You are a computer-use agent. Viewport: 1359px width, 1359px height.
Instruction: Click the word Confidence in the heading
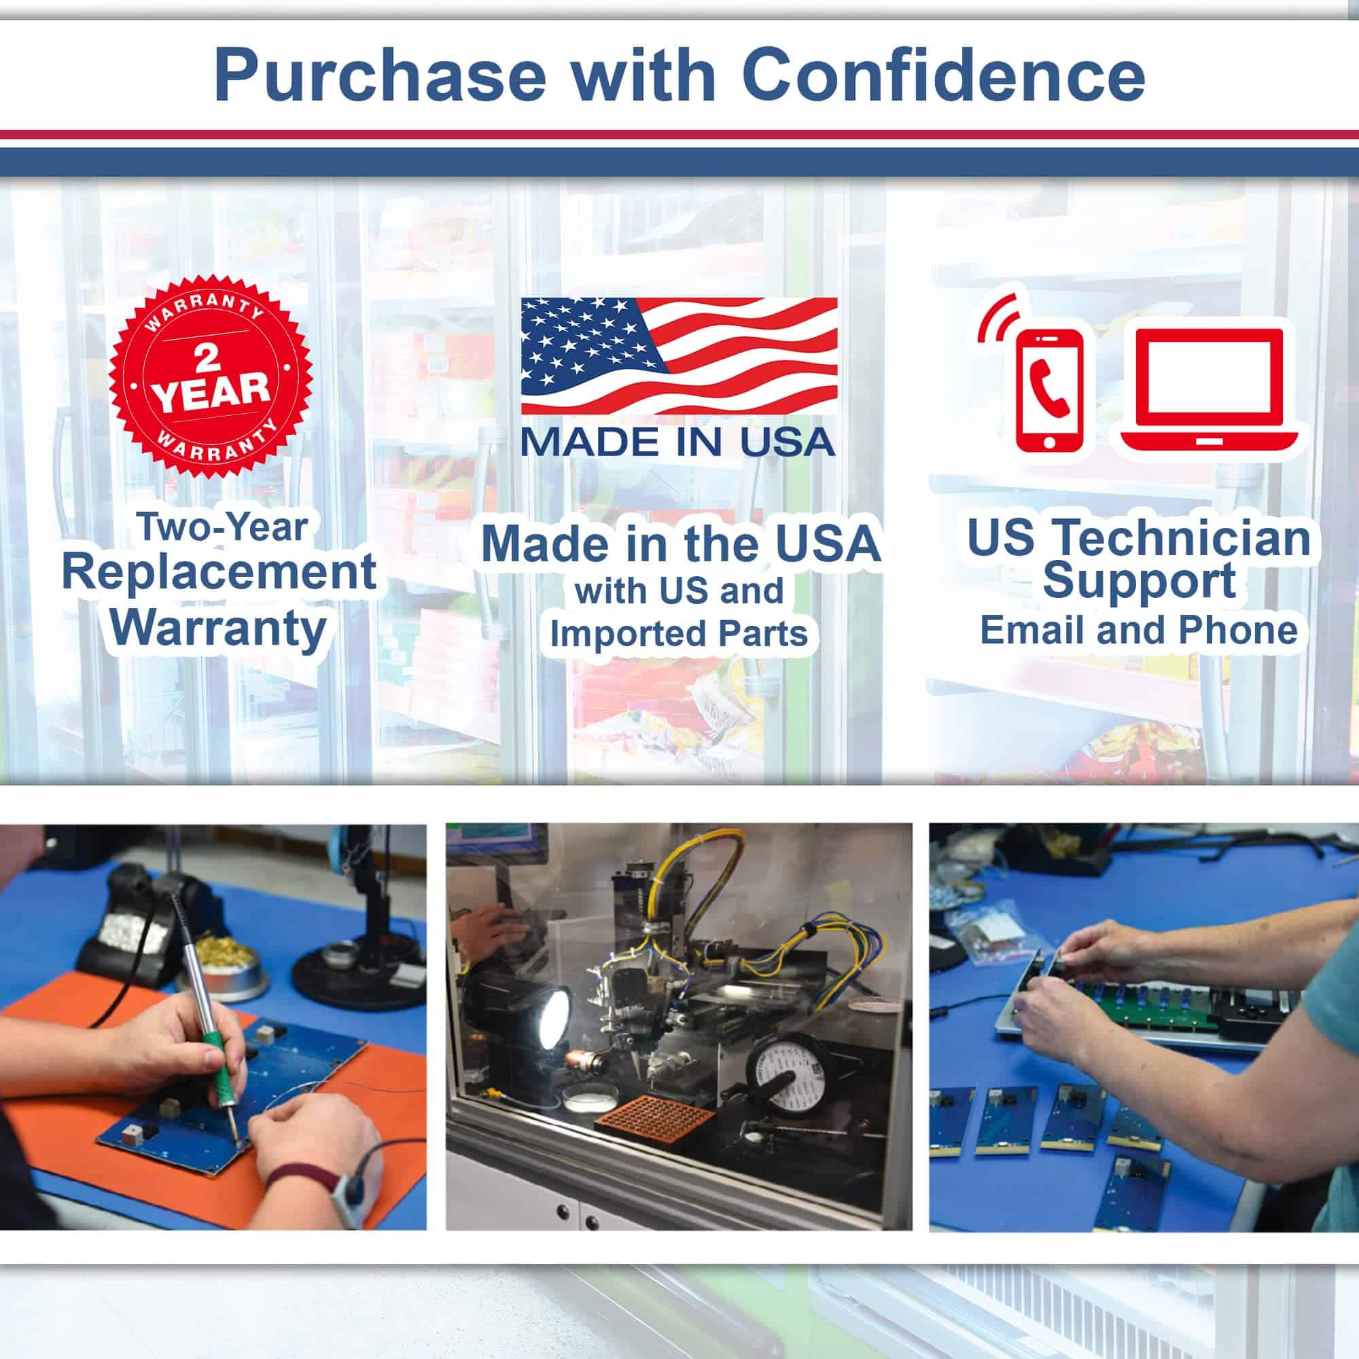coord(944,76)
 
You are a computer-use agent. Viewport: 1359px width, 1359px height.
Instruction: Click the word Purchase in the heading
coord(380,76)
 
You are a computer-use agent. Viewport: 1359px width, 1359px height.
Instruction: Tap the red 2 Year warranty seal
coord(211,376)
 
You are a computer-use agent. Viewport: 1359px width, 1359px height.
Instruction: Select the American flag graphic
coord(679,356)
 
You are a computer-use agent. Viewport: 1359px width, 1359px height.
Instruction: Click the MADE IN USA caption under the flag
coord(678,441)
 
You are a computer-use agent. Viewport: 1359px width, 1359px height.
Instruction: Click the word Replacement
coord(219,573)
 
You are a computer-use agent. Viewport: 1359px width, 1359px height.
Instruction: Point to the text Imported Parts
coord(679,634)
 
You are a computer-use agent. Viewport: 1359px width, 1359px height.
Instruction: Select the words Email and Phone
coord(1139,631)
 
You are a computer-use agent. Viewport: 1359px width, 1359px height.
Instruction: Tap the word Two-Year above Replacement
coord(223,527)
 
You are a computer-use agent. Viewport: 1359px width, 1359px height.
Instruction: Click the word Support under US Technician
coord(1139,581)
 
